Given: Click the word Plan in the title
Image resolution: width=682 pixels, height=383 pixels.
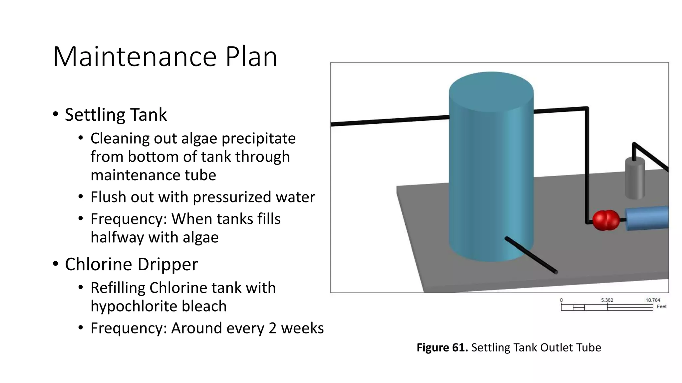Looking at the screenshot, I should [251, 57].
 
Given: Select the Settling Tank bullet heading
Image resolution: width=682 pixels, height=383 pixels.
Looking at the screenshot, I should [116, 115].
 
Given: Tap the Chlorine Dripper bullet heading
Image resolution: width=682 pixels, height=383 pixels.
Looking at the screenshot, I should [131, 264].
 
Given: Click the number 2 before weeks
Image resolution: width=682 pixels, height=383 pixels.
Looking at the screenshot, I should [272, 328].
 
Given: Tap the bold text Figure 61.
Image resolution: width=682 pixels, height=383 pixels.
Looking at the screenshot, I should [442, 347].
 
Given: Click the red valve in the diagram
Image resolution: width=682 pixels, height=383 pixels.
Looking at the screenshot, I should [606, 220].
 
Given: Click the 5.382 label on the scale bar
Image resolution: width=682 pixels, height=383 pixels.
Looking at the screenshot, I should [607, 300].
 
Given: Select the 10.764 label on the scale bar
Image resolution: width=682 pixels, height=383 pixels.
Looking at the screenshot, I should [652, 300].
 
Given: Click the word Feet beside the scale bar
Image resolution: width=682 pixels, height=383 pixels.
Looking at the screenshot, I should [661, 307].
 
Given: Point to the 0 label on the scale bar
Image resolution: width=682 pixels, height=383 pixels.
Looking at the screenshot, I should [561, 300].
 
